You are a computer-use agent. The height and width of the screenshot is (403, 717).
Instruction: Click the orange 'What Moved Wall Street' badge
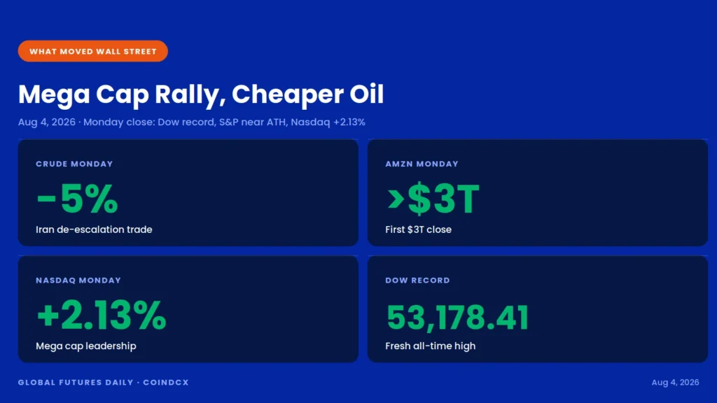point(93,51)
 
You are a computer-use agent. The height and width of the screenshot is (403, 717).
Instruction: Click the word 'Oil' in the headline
point(367,94)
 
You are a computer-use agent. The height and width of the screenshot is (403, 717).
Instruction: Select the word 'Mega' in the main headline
point(54,95)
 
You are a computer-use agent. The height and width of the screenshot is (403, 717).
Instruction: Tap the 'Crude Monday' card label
point(74,164)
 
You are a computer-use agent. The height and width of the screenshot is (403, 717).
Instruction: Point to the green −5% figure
point(77,199)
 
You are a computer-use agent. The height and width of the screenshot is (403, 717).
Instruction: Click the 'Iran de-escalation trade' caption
point(94,229)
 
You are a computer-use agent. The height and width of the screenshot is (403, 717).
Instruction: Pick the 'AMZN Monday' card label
point(422,164)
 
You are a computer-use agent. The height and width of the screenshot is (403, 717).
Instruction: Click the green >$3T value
point(433,199)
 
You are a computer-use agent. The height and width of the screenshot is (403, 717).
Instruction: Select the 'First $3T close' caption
point(419,229)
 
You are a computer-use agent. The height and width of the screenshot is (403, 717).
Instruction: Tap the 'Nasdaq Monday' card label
point(78,280)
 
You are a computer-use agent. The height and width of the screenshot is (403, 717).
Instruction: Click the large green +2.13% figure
point(102,315)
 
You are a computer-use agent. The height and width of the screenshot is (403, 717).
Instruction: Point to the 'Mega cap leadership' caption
point(86,346)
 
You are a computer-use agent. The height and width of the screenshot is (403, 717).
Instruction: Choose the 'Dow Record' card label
point(417,280)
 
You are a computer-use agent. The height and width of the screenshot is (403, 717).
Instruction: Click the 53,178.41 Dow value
point(457,317)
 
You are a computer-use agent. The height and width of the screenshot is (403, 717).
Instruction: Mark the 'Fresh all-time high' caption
point(431,346)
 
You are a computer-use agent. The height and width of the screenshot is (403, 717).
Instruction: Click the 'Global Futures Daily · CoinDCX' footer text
point(104,383)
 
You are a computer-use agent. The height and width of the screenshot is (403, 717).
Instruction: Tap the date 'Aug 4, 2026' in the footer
point(675,383)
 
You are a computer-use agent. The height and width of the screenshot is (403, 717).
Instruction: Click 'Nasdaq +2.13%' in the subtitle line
point(328,122)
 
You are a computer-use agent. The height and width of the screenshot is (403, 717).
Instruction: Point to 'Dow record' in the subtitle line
point(186,122)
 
